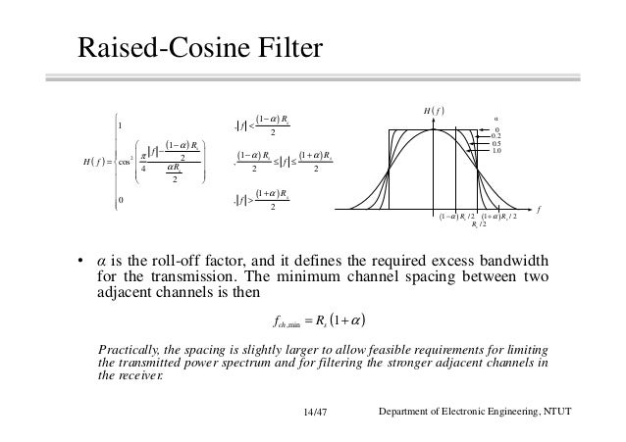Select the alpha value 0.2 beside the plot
pos(496,138)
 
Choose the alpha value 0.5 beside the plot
pos(496,144)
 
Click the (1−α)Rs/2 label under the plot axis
pos(457,216)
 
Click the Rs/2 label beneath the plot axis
pos(478,224)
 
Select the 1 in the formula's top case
pos(119,124)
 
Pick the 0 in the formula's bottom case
pos(119,200)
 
